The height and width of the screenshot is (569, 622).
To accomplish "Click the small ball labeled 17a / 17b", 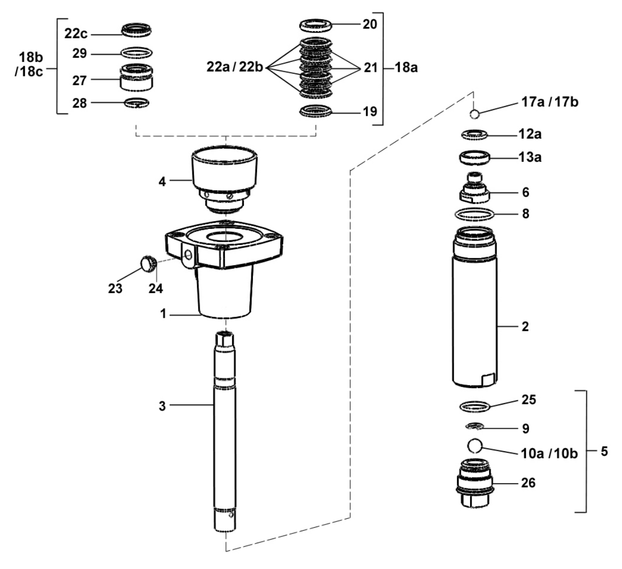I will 476,114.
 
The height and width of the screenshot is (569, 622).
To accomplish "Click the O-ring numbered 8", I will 475,213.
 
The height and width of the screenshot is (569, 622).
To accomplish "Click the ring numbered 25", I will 475,407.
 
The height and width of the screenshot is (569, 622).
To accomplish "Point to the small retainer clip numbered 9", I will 474,426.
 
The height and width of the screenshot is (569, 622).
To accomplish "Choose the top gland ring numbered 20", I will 316,24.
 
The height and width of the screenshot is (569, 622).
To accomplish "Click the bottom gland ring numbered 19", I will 316,111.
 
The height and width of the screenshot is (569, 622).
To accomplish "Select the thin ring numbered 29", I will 136,53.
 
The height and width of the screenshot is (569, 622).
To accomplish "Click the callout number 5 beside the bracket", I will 604,451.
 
